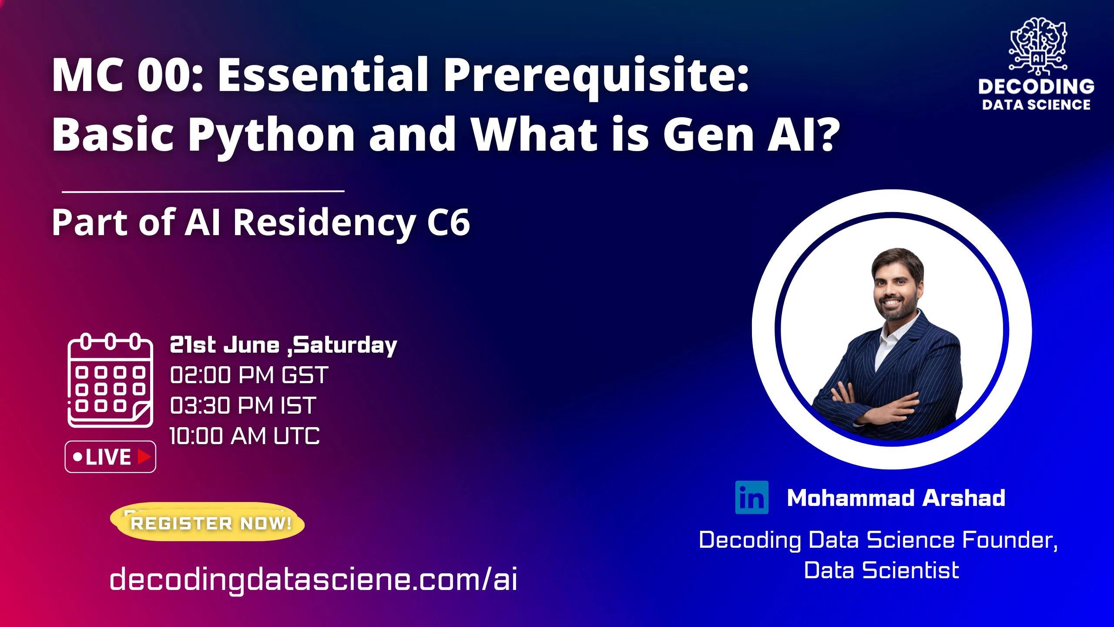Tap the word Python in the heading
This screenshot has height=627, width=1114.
272,135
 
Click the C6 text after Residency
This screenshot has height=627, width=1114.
448,222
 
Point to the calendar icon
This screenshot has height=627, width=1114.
110,380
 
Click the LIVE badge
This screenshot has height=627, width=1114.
110,457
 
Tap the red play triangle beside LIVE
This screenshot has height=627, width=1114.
144,457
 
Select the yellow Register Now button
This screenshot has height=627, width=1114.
208,522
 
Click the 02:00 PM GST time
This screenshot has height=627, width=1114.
249,375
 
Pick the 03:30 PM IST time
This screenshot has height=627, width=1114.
243,405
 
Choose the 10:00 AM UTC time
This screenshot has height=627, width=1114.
244,436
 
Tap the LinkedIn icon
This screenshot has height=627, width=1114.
752,497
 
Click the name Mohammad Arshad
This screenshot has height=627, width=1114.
896,498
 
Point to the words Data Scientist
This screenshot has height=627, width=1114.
881,570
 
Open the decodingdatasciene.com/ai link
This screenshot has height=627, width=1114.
313,580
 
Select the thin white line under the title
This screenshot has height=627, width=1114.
203,191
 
